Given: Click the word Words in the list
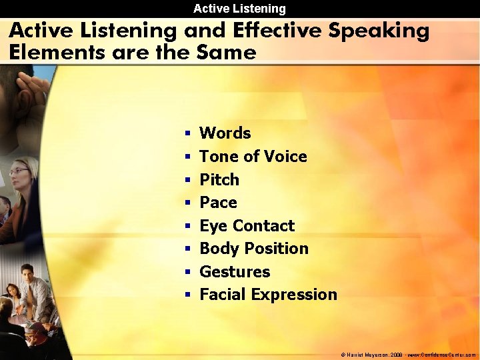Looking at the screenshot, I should (x=225, y=133).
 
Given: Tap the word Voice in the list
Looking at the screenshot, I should (x=285, y=157).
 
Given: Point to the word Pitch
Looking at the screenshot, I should (x=219, y=180).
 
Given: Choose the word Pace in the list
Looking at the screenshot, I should (x=219, y=203).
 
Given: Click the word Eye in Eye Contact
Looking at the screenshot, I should (x=213, y=226).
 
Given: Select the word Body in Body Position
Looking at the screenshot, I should (x=217, y=249).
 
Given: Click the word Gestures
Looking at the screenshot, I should (x=235, y=272).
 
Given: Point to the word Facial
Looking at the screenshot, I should (x=222, y=295).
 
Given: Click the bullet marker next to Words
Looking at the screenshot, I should (x=188, y=133).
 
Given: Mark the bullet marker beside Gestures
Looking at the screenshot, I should (x=188, y=272).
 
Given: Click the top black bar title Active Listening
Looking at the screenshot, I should (x=239, y=9).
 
